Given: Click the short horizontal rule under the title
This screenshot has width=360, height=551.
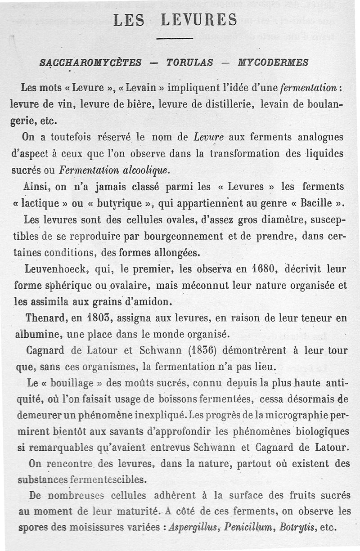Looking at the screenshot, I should (175, 39).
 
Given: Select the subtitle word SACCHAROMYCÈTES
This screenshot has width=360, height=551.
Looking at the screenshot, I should (90, 63).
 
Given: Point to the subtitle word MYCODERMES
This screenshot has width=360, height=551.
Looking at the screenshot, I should (273, 63).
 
